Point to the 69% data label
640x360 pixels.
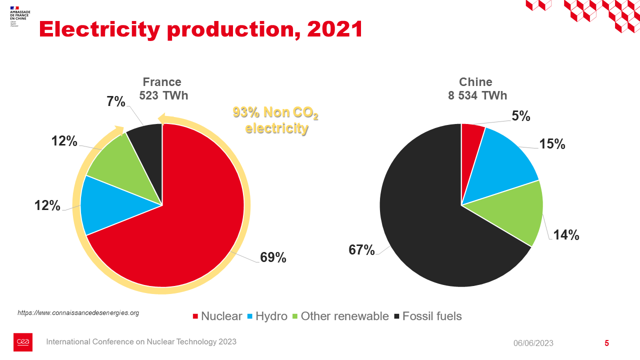(273, 257)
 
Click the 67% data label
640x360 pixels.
(361, 250)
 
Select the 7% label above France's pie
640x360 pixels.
(115, 102)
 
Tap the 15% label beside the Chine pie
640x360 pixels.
(552, 144)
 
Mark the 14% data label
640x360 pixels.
(566, 235)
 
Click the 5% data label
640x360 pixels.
(520, 116)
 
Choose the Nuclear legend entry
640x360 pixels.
(217, 316)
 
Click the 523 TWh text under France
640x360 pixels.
(163, 95)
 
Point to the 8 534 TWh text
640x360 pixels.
(477, 95)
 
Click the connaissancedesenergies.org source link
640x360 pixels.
(78, 312)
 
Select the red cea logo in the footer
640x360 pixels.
(23, 342)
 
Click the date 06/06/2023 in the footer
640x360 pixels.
(533, 343)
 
